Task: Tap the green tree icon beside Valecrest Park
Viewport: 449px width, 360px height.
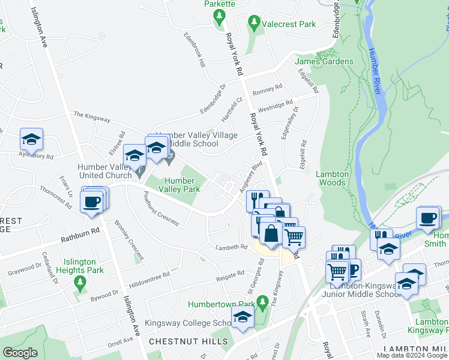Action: (255, 23)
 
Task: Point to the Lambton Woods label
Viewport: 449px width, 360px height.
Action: (332, 178)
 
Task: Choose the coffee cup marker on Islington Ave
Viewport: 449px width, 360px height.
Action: (92, 202)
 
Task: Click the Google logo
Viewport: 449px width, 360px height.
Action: (20, 353)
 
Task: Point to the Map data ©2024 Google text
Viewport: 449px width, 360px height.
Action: (411, 355)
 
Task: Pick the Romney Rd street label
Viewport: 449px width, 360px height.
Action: (267, 89)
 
